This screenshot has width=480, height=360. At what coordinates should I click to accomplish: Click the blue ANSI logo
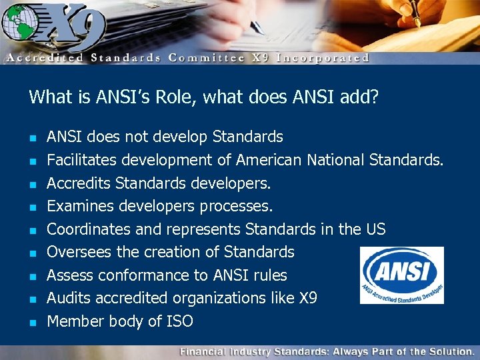401,275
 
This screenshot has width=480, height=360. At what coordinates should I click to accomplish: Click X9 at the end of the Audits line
308,298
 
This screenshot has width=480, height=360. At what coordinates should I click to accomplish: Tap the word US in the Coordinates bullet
375,229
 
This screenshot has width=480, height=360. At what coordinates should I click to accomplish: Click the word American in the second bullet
269,160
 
